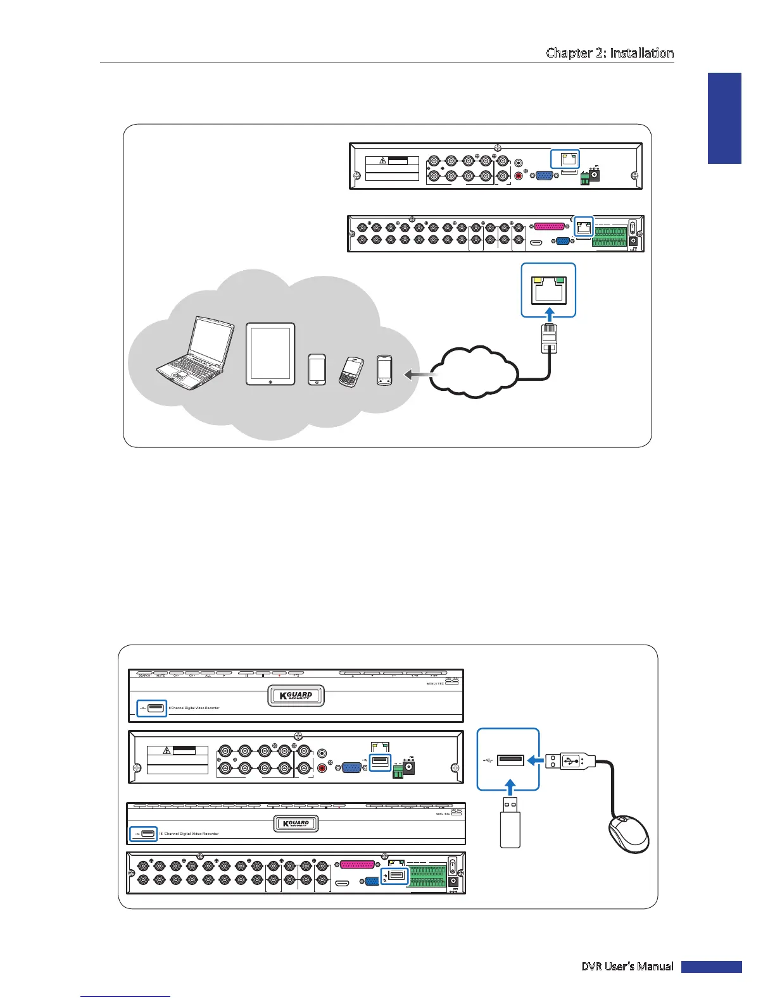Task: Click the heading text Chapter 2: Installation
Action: pos(609,53)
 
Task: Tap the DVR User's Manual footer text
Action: pos(627,966)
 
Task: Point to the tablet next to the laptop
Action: pos(270,354)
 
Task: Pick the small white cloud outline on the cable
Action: pos(475,373)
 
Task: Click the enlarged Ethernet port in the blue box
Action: pos(548,290)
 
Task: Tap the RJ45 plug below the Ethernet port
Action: pos(549,340)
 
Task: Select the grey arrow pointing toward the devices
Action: pos(419,375)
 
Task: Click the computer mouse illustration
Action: pos(629,834)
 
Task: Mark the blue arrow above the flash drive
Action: pos(510,789)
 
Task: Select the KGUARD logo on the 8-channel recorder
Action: pos(296,695)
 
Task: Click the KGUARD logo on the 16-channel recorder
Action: pos(296,824)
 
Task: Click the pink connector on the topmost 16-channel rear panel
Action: pos(548,226)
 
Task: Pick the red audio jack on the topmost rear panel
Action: pos(520,176)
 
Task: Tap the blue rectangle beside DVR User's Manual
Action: pos(711,967)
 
